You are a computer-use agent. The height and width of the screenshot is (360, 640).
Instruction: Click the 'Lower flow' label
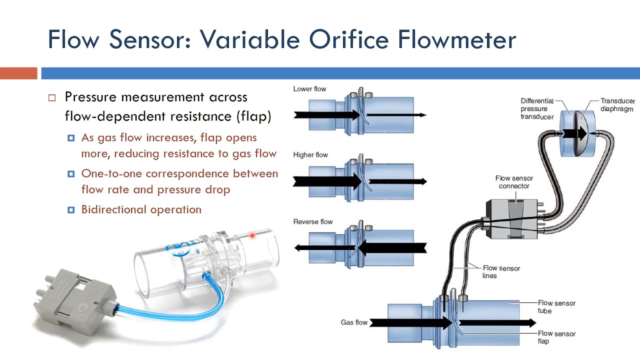click(x=309, y=89)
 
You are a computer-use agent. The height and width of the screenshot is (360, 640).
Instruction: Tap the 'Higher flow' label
click(x=310, y=155)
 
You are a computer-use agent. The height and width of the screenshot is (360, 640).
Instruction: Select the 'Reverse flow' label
click(x=313, y=221)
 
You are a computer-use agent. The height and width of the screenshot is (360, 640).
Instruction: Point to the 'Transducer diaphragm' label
click(x=617, y=105)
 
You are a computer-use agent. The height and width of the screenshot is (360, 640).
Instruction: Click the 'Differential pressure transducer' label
click(x=537, y=108)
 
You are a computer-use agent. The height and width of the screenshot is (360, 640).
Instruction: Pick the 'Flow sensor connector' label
click(x=514, y=182)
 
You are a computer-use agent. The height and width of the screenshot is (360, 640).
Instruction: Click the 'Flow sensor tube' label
click(x=556, y=306)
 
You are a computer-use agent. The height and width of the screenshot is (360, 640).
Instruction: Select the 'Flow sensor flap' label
click(x=556, y=337)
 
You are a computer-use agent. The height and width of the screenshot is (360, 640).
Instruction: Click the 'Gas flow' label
click(x=354, y=322)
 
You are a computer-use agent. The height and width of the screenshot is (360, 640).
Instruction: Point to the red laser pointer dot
click(x=252, y=235)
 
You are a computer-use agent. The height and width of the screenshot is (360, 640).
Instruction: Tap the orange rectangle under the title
click(x=18, y=73)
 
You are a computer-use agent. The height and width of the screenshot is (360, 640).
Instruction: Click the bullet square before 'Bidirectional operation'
click(x=71, y=210)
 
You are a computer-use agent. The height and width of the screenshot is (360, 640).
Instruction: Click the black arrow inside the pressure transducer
click(x=574, y=133)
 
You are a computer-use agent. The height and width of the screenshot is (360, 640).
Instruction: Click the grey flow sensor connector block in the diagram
click(x=511, y=219)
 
